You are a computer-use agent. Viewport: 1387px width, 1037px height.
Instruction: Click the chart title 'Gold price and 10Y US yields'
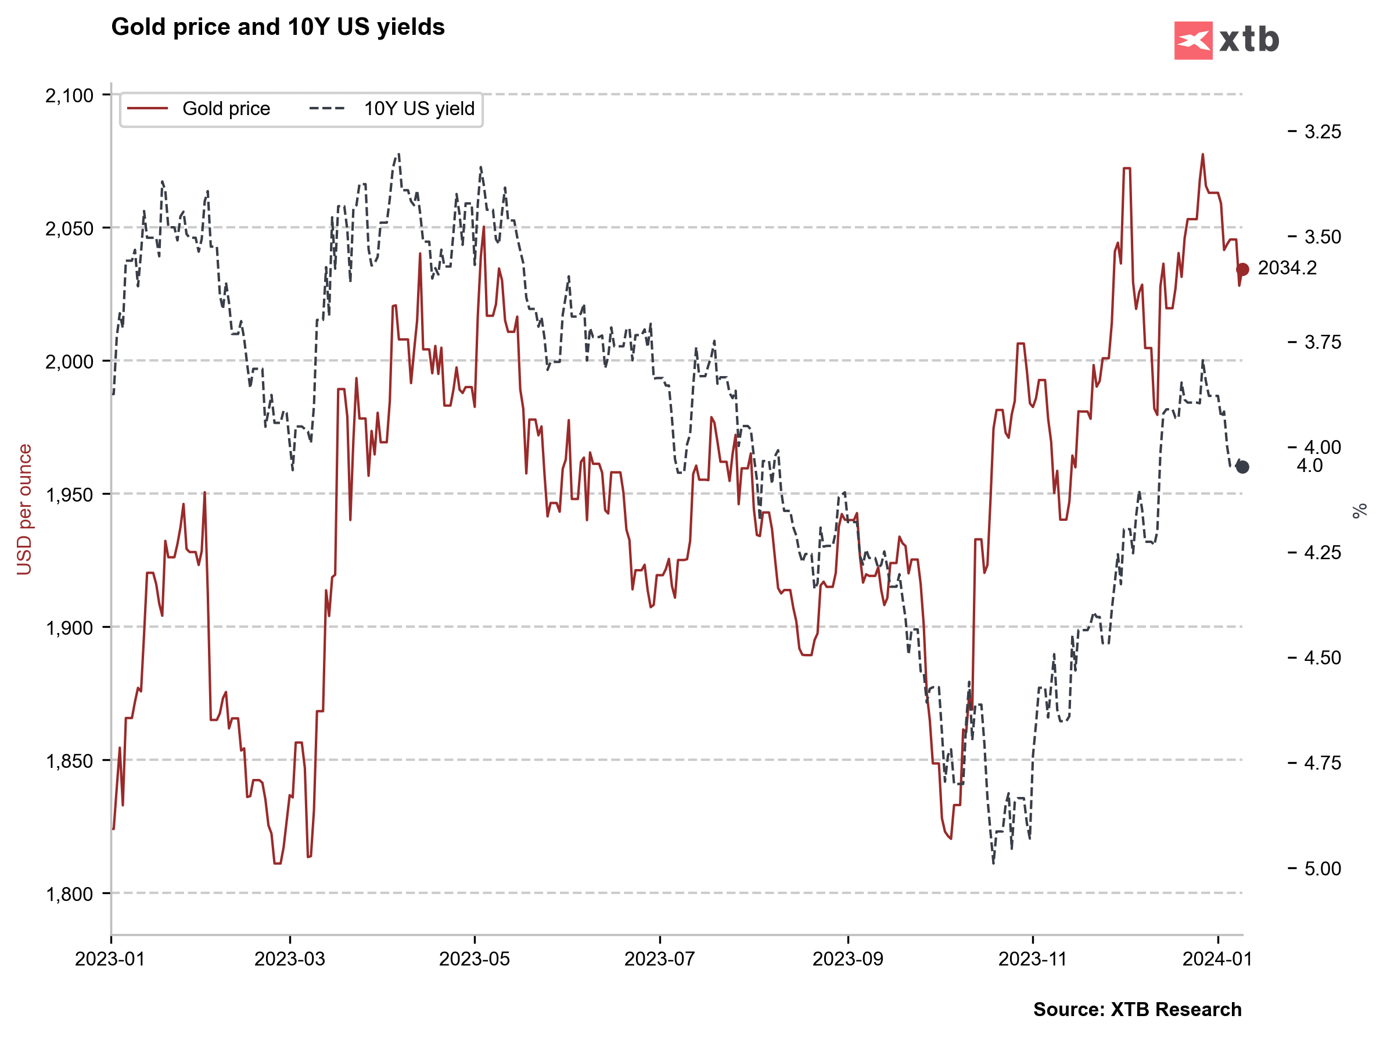[x=278, y=27]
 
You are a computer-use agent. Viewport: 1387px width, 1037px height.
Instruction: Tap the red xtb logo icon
[x=1192, y=41]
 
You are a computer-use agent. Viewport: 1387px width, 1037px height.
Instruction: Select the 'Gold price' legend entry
[x=226, y=109]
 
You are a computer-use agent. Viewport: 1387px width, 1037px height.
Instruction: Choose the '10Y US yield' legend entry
[x=419, y=109]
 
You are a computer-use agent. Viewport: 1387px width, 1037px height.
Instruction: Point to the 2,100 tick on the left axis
[x=69, y=95]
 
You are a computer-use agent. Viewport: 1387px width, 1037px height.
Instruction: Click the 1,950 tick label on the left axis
[x=69, y=495]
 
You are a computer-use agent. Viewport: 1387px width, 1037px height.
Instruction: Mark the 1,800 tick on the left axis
[x=69, y=894]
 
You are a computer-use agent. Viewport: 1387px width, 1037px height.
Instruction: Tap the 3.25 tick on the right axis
[x=1323, y=132]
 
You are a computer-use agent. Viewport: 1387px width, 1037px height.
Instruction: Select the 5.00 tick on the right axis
[x=1323, y=869]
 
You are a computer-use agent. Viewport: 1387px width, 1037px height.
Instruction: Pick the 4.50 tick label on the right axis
[x=1323, y=658]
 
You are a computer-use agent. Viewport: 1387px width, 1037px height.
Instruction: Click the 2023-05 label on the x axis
[x=474, y=959]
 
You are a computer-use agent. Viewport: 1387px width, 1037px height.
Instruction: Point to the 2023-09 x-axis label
[x=848, y=959]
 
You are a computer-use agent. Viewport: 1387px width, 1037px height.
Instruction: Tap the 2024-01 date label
[x=1217, y=959]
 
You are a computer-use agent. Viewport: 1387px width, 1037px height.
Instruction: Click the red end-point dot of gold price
[x=1242, y=269]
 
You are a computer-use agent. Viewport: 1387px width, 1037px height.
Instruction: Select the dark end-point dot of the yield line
[x=1242, y=467]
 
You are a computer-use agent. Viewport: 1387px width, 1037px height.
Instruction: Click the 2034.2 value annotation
[x=1287, y=268]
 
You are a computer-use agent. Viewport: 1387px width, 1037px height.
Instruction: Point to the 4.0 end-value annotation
[x=1309, y=466]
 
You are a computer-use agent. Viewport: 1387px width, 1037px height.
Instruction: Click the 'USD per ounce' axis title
[x=24, y=509]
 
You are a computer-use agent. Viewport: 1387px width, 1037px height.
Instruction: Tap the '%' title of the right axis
[x=1359, y=511]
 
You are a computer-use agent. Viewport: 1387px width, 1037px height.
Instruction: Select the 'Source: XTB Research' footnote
[x=1137, y=1010]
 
